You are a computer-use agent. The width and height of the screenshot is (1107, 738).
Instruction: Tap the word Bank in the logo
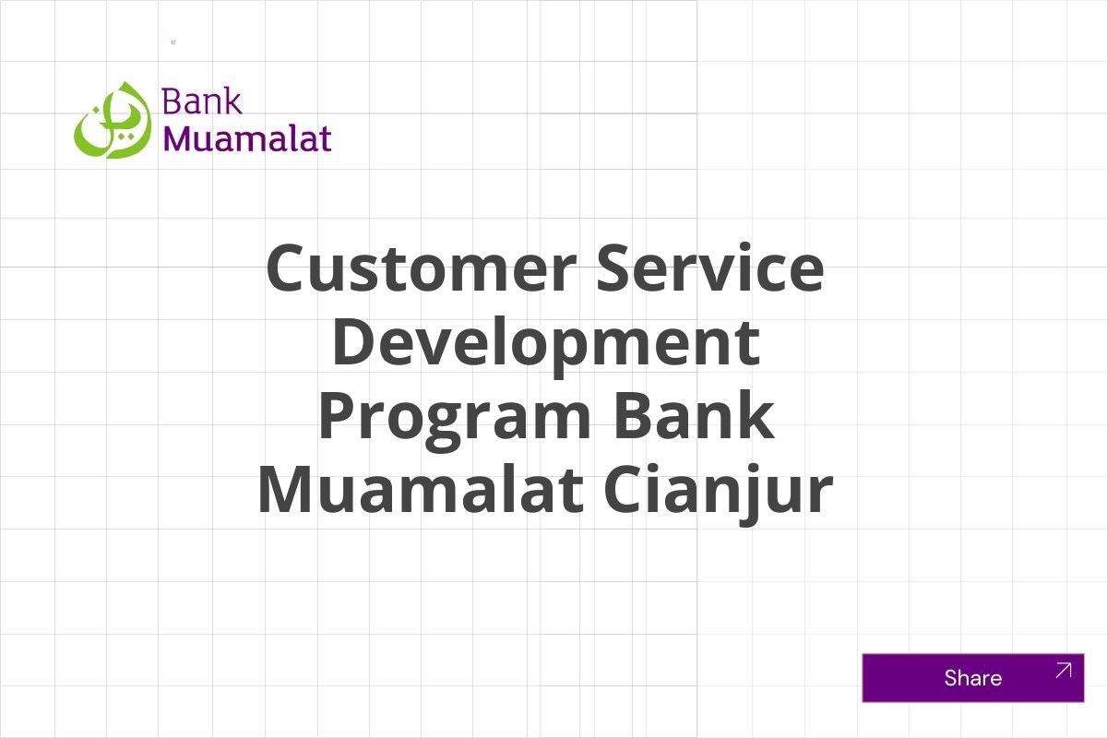[201, 101]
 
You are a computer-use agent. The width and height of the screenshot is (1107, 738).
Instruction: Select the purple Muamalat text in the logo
[246, 138]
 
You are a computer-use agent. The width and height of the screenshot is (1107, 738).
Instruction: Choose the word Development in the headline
[545, 342]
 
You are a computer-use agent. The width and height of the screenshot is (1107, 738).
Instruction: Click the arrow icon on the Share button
[1063, 671]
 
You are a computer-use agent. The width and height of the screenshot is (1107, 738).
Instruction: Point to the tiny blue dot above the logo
[173, 42]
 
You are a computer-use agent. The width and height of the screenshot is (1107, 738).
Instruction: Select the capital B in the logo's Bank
[171, 101]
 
